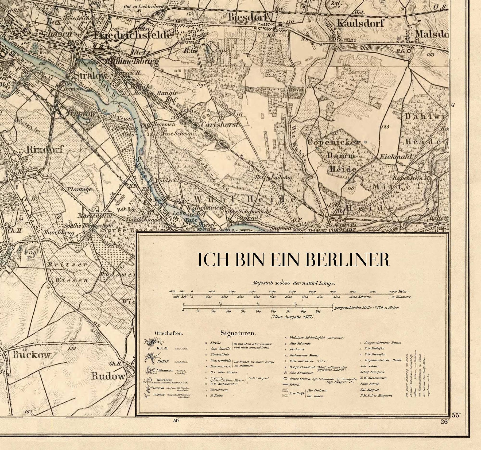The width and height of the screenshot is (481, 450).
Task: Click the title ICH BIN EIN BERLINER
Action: [293, 260]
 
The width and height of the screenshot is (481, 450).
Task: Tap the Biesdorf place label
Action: [248, 17]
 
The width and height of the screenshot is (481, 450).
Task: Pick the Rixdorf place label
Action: [45, 149]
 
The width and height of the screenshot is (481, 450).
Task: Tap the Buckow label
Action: [31, 355]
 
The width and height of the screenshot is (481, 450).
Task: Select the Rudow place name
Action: [108, 376]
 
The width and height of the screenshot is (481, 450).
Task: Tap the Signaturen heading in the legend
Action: [238, 333]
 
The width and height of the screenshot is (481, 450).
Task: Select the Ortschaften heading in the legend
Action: [169, 333]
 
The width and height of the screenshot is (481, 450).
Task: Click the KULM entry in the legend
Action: [162, 348]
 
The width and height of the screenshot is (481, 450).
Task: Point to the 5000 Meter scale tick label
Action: [292, 292]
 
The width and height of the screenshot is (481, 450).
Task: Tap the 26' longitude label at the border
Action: [444, 422]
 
